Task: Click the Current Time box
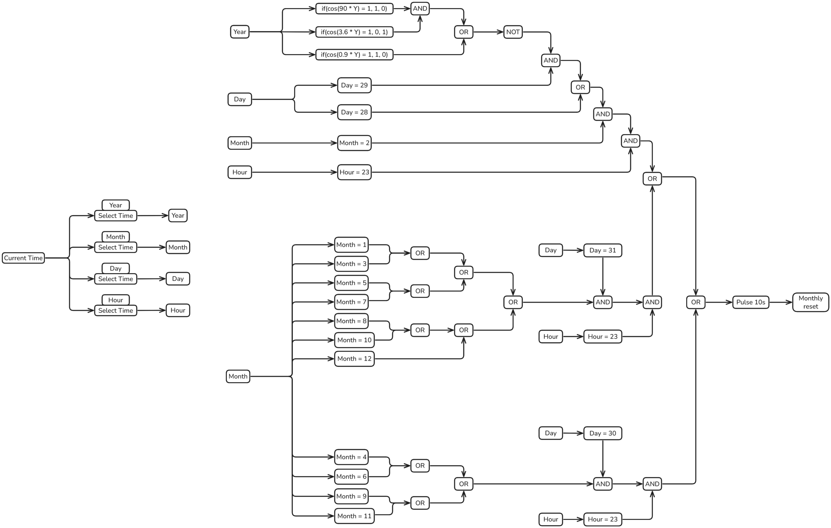pyautogui.click(x=23, y=258)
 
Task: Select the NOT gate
pyautogui.click(x=513, y=32)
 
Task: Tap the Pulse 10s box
pyautogui.click(x=750, y=302)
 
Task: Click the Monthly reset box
pyautogui.click(x=810, y=302)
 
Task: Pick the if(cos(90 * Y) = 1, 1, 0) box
pyautogui.click(x=354, y=9)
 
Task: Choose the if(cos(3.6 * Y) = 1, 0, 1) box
pyautogui.click(x=354, y=32)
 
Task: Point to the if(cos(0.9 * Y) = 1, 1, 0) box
pyautogui.click(x=354, y=55)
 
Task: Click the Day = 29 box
pyautogui.click(x=354, y=85)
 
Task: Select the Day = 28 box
pyautogui.click(x=354, y=112)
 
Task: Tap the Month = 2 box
pyautogui.click(x=354, y=143)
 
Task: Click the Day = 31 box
pyautogui.click(x=602, y=250)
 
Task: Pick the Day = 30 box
pyautogui.click(x=602, y=433)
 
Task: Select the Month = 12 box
pyautogui.click(x=354, y=359)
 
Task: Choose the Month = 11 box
pyautogui.click(x=354, y=516)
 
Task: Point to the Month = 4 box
pyautogui.click(x=351, y=457)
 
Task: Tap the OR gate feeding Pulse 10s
pyautogui.click(x=695, y=302)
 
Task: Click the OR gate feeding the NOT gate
pyautogui.click(x=464, y=32)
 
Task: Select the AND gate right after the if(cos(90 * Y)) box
pyautogui.click(x=420, y=9)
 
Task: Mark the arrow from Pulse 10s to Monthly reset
pyautogui.click(x=781, y=302)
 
